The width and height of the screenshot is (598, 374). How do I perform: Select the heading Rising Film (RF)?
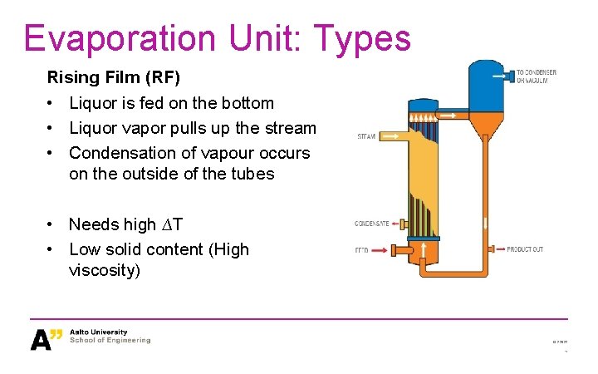tap(113, 78)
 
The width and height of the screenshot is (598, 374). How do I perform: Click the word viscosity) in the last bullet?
tap(105, 271)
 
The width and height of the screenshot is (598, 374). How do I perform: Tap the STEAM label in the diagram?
tap(366, 135)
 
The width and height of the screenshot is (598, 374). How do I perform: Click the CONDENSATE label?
tap(372, 224)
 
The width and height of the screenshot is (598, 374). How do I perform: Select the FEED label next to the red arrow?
tap(361, 249)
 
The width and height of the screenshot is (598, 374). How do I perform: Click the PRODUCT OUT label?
tap(525, 249)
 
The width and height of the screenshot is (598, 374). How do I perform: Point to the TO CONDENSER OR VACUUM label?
tap(536, 76)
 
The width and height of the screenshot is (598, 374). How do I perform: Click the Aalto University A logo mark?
tap(46, 339)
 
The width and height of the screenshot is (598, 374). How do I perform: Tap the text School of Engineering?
tap(110, 340)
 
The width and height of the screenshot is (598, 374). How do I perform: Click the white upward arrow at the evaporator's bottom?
tap(423, 249)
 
